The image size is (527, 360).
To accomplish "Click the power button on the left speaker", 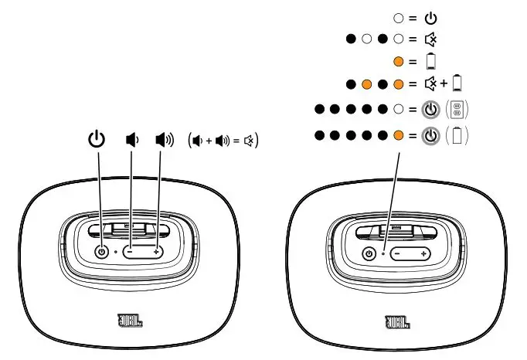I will coord(101,252).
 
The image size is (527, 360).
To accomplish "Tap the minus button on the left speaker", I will coord(131,253).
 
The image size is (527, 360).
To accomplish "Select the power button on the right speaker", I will coord(370,254).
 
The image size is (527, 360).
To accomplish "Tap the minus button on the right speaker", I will coord(397,254).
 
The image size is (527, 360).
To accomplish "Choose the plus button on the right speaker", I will coord(423,254).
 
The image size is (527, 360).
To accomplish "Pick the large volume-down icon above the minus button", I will coord(132,141).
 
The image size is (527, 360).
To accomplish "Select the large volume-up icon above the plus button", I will coord(164,141).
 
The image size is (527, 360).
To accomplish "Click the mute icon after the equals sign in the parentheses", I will coord(250,141).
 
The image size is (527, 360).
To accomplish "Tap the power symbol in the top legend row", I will coord(430,16).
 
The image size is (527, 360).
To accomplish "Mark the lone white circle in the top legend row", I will coord(399,16).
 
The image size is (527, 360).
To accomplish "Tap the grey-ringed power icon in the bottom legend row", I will coord(431,136).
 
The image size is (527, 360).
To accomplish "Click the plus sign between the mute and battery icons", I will coord(444,83).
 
